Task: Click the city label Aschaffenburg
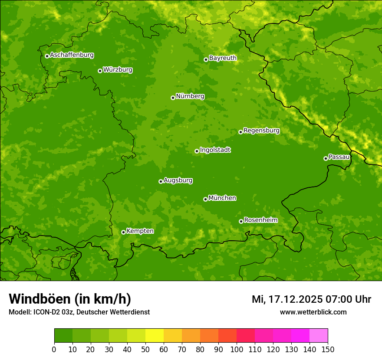(x=72, y=55)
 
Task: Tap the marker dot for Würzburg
(x=100, y=71)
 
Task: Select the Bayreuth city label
(x=223, y=58)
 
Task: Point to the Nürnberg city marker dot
(x=173, y=98)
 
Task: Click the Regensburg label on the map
(x=261, y=131)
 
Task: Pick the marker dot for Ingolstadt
(x=197, y=151)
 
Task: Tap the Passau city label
(x=339, y=157)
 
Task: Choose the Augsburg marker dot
(x=161, y=181)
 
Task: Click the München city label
(x=222, y=198)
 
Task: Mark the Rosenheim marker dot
(x=241, y=221)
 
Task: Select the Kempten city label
(x=140, y=231)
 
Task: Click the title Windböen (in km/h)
(x=70, y=299)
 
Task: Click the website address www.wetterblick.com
(x=313, y=312)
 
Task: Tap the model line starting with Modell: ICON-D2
(x=79, y=312)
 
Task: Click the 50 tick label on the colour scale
(x=145, y=349)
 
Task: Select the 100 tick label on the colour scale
(x=237, y=349)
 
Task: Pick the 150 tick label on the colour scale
(x=328, y=349)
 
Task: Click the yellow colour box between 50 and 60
(x=155, y=336)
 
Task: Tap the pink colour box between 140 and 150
(x=319, y=336)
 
